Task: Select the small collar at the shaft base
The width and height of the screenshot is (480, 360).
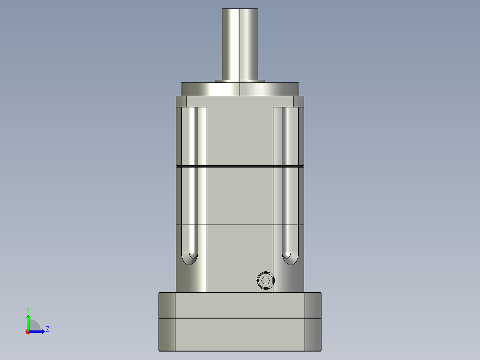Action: tap(240, 81)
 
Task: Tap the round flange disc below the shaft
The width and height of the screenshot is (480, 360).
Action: tap(240, 89)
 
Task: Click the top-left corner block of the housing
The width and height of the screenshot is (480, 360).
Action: tap(181, 102)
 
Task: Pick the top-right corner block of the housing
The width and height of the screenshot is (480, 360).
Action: tap(299, 102)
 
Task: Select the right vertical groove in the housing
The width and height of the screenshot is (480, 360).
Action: tap(287, 178)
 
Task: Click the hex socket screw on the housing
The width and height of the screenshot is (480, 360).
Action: tap(266, 281)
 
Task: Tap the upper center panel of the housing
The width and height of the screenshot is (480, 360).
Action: tap(240, 136)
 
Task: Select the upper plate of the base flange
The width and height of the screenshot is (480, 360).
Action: tap(240, 305)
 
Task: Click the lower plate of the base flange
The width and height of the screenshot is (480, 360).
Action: tap(240, 334)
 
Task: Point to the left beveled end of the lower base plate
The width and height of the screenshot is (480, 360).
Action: tap(167, 334)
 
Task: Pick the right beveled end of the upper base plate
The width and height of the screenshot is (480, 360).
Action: tap(313, 305)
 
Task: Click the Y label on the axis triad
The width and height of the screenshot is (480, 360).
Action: tap(28, 309)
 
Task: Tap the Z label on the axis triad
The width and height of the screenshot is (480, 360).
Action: tap(47, 329)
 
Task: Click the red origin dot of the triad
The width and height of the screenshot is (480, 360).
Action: tap(28, 332)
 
